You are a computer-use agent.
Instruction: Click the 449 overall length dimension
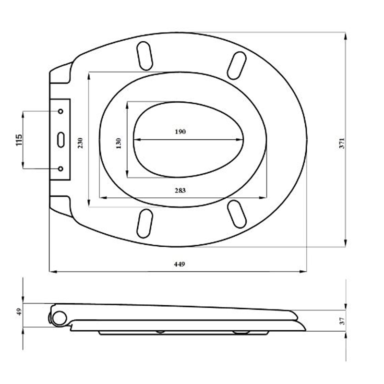(180, 264)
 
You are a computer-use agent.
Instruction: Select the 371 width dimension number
(342, 143)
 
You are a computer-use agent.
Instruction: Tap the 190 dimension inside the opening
(180, 132)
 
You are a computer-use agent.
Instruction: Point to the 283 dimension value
(180, 190)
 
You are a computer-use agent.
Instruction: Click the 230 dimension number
(80, 143)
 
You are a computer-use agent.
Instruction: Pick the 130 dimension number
(119, 144)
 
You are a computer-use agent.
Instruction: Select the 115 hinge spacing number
(19, 140)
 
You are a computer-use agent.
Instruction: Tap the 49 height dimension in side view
(19, 312)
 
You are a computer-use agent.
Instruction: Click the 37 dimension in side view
(342, 321)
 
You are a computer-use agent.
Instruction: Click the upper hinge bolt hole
(60, 111)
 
